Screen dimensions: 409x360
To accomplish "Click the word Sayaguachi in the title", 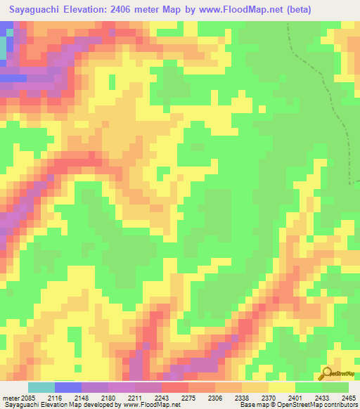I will tap(42, 10).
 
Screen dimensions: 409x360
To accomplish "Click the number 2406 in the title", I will tap(141, 10).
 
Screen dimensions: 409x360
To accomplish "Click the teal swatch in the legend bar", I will tap(41, 387).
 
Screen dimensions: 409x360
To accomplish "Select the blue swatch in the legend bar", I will tap(67, 387).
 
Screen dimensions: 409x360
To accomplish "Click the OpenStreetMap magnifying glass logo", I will tap(326, 373).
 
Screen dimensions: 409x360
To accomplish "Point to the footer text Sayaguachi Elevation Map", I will tap(42, 405).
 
